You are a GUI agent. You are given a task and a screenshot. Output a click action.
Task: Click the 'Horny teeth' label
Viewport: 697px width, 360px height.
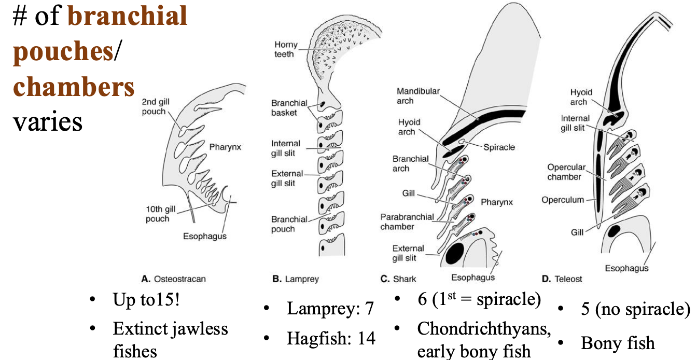[284, 49]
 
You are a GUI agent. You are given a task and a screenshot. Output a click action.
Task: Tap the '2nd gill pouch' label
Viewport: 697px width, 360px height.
[154, 107]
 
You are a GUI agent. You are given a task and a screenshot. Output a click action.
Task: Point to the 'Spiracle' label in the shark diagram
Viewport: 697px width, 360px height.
[499, 147]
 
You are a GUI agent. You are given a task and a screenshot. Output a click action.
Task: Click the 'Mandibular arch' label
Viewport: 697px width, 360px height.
[418, 96]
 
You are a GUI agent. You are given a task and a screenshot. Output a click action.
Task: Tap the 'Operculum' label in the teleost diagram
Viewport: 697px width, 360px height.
[563, 200]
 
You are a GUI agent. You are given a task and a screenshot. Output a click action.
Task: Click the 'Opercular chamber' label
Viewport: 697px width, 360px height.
[566, 172]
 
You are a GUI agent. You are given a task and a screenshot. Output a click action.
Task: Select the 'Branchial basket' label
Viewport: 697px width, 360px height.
[289, 107]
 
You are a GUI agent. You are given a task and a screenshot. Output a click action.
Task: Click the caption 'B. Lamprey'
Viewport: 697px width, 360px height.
[296, 279]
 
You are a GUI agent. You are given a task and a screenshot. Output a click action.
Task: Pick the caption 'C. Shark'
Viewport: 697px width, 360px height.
[398, 279]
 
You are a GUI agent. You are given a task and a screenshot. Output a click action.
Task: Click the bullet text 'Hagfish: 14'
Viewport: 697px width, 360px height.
[331, 339]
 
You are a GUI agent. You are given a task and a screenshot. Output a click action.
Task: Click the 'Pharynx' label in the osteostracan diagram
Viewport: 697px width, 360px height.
[225, 147]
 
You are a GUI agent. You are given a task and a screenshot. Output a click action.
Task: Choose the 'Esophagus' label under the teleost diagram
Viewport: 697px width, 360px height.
[626, 268]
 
